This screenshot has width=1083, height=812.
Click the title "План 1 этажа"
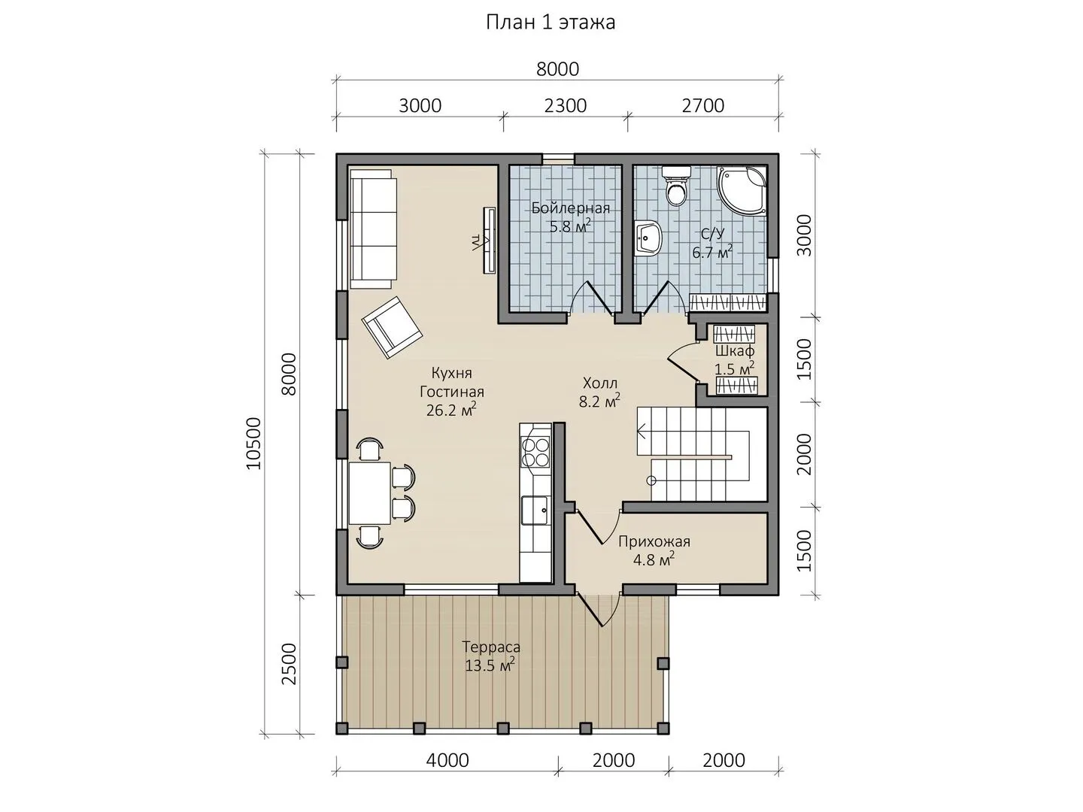551,23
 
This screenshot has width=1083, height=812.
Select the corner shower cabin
742,190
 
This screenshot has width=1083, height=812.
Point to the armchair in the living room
393,327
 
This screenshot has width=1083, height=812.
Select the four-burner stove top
535,452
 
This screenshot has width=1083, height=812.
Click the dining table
370,493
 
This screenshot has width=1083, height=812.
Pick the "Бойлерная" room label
571,208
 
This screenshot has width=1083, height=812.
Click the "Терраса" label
491,647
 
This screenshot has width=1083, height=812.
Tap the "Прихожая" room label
654,542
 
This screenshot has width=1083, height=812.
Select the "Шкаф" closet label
735,351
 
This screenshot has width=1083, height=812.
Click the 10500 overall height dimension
253,444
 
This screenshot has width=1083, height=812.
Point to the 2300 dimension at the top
566,105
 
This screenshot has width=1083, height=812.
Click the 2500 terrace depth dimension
289,664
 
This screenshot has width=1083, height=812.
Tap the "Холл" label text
600,383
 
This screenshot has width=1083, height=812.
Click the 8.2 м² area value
599,401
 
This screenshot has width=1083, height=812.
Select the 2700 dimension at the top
703,105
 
